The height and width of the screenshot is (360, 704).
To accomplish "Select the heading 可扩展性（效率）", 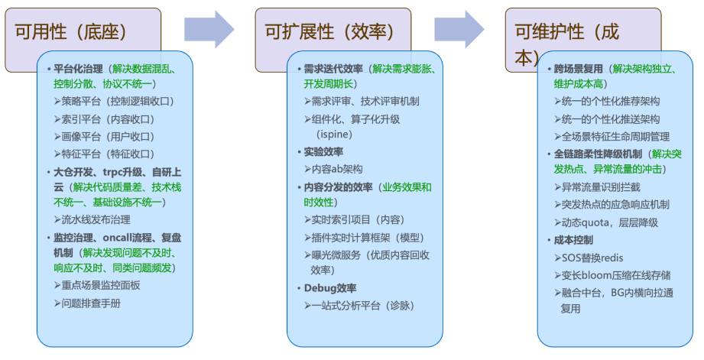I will coord(329,31).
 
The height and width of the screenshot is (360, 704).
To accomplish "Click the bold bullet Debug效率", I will coord(330,287).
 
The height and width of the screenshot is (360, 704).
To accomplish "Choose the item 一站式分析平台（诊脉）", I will coord(362,305).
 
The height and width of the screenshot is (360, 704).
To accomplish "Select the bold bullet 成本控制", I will coord(574,239).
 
